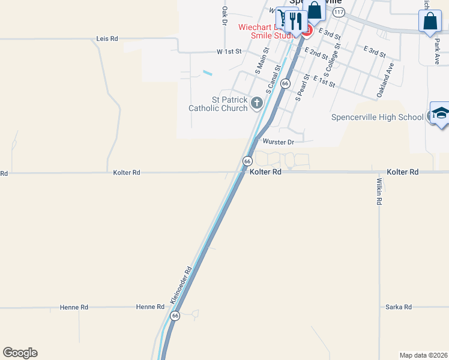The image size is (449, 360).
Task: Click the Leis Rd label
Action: pos(107,38)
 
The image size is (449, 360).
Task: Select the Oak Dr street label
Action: pos(224,16)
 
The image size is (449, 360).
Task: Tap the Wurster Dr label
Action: pos(279,142)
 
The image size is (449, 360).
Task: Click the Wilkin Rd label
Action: pos(379,191)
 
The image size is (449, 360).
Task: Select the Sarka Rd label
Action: pos(399,307)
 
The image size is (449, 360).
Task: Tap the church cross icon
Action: pos(257,104)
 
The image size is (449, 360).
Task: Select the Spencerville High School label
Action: pos(377,117)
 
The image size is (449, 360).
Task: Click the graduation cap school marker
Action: pos(440,113)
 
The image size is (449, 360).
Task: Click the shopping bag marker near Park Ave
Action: pos(430,21)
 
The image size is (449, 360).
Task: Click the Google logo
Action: pos(20,353)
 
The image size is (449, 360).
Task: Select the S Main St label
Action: pos(262,62)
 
